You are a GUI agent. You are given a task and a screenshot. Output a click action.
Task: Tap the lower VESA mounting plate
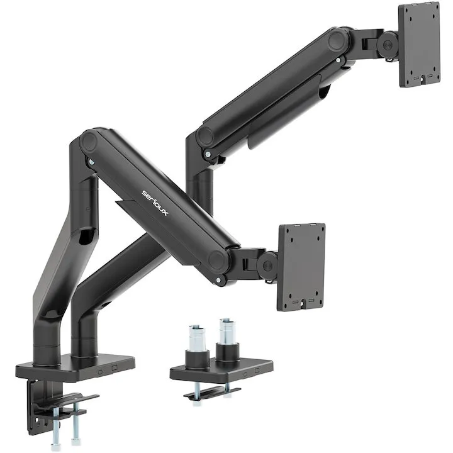coord(301,266)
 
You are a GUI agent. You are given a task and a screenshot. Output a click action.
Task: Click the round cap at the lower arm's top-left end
coord(87,141)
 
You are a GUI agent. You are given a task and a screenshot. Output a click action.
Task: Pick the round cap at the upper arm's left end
coord(204,137)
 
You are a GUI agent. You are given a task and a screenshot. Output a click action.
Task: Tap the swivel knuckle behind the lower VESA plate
coord(267,264)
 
